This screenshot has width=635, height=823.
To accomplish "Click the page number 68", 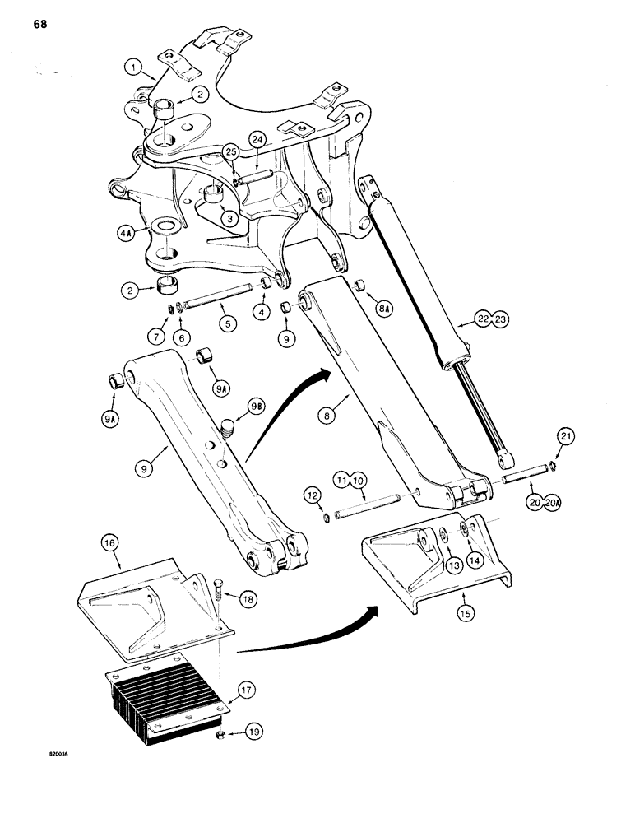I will pos(40,24).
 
